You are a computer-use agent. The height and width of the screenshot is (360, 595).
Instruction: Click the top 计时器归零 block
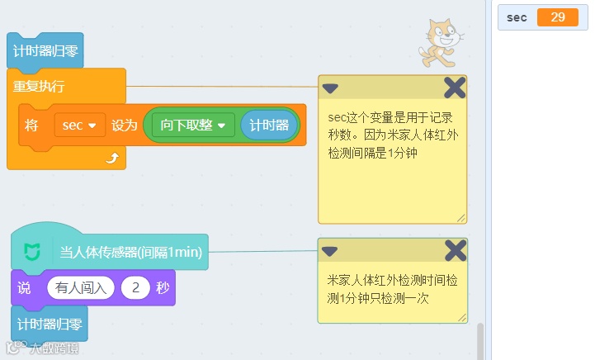(x=45, y=50)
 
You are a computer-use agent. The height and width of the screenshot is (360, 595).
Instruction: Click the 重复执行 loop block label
(x=39, y=86)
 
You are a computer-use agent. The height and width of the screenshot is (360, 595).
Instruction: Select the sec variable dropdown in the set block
(x=79, y=126)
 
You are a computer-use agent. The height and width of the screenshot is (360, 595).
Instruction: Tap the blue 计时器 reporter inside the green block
(x=269, y=126)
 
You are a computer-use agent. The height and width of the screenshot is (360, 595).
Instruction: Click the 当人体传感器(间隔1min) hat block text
(x=130, y=252)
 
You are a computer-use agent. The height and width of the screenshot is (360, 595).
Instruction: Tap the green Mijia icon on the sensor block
(x=32, y=252)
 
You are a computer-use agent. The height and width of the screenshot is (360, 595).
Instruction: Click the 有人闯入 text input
(x=81, y=288)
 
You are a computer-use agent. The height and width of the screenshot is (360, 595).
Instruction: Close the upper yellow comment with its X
(x=455, y=88)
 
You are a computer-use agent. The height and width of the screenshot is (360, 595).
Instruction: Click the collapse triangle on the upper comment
(x=330, y=88)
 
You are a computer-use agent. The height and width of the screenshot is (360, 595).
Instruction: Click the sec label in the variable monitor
(x=517, y=17)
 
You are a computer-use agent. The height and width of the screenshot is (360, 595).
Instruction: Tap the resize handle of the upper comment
(x=461, y=218)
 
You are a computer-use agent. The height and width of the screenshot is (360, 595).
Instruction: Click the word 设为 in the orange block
(x=124, y=126)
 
